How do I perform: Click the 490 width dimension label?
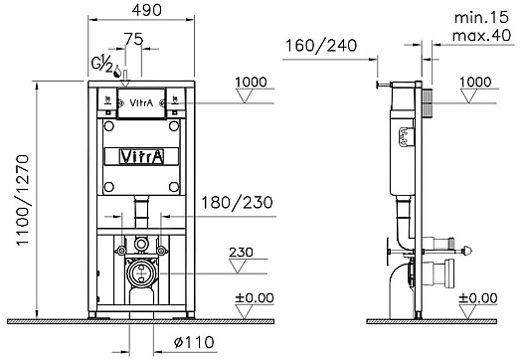tap(146, 10)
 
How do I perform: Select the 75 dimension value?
tap(133, 39)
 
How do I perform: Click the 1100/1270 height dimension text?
tap(23, 200)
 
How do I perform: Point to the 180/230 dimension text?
tap(237, 203)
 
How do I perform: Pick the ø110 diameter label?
tap(194, 342)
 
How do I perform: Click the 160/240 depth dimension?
tap(321, 46)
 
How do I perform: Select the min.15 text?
tap(481, 18)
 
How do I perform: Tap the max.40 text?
tap(481, 35)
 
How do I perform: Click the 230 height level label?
tap(241, 253)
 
